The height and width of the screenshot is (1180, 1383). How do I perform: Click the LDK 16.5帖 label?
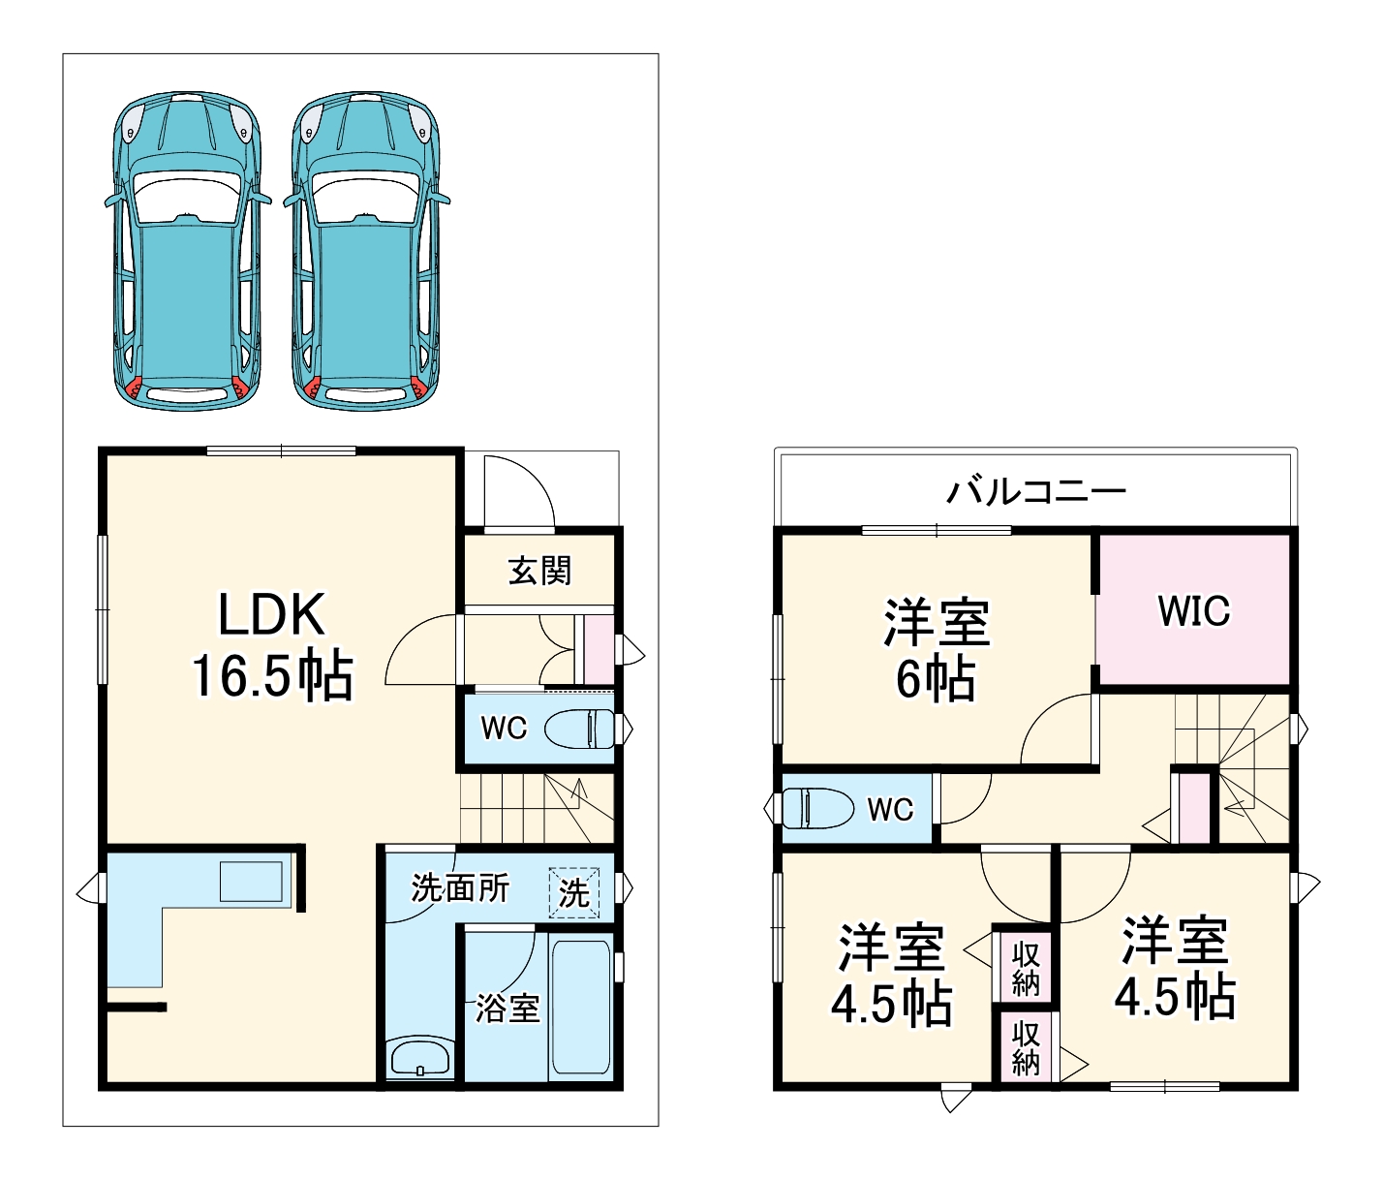(272, 644)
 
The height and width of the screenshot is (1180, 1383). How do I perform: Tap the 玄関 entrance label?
(539, 571)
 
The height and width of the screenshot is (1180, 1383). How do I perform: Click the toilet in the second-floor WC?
(816, 808)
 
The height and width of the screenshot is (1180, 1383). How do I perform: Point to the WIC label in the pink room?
(1193, 611)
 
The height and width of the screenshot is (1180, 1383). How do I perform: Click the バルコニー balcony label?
(1035, 491)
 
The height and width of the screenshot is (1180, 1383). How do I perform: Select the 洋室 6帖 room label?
(936, 650)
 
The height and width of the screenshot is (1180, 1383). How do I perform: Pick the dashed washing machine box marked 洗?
(574, 892)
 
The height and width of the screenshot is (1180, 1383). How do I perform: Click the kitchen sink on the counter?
(252, 881)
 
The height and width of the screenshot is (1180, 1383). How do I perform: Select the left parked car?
(187, 250)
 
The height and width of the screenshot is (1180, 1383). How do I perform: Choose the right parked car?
(366, 250)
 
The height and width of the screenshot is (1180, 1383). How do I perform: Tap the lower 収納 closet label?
(1026, 1048)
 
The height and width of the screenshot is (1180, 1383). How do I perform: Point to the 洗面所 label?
(460, 887)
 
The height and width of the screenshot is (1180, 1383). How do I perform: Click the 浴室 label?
(507, 1009)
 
